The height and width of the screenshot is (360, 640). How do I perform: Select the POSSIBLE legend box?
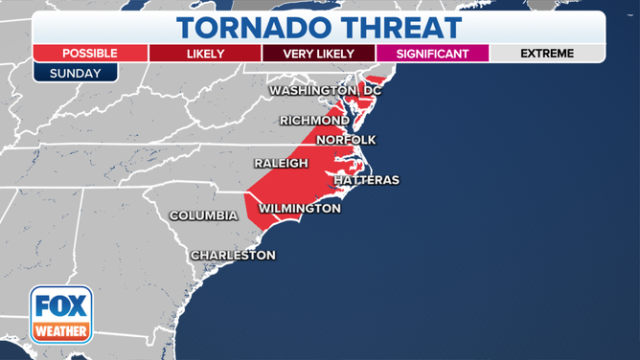(89, 54)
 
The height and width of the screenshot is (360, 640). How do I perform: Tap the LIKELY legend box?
(204, 54)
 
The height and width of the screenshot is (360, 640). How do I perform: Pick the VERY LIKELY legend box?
(318, 54)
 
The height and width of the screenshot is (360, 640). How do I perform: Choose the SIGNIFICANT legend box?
(432, 54)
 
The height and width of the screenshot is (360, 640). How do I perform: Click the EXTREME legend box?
(547, 54)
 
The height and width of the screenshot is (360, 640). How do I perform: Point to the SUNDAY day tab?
(75, 73)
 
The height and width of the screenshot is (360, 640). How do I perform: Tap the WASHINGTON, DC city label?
(325, 91)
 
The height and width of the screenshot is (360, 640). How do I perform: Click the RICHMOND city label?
(314, 121)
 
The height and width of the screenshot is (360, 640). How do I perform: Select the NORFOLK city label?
(346, 140)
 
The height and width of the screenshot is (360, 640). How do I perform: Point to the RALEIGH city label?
(281, 164)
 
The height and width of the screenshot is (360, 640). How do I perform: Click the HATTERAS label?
(366, 180)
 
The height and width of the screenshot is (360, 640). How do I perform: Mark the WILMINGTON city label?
(300, 208)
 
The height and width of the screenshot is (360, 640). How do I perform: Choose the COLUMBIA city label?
(203, 216)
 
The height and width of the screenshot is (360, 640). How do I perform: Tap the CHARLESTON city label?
(233, 256)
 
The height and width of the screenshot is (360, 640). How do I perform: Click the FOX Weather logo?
(61, 315)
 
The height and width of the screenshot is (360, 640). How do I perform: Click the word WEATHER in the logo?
(61, 331)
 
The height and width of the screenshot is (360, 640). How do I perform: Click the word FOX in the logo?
(61, 307)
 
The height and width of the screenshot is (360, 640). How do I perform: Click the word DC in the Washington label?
(371, 91)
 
